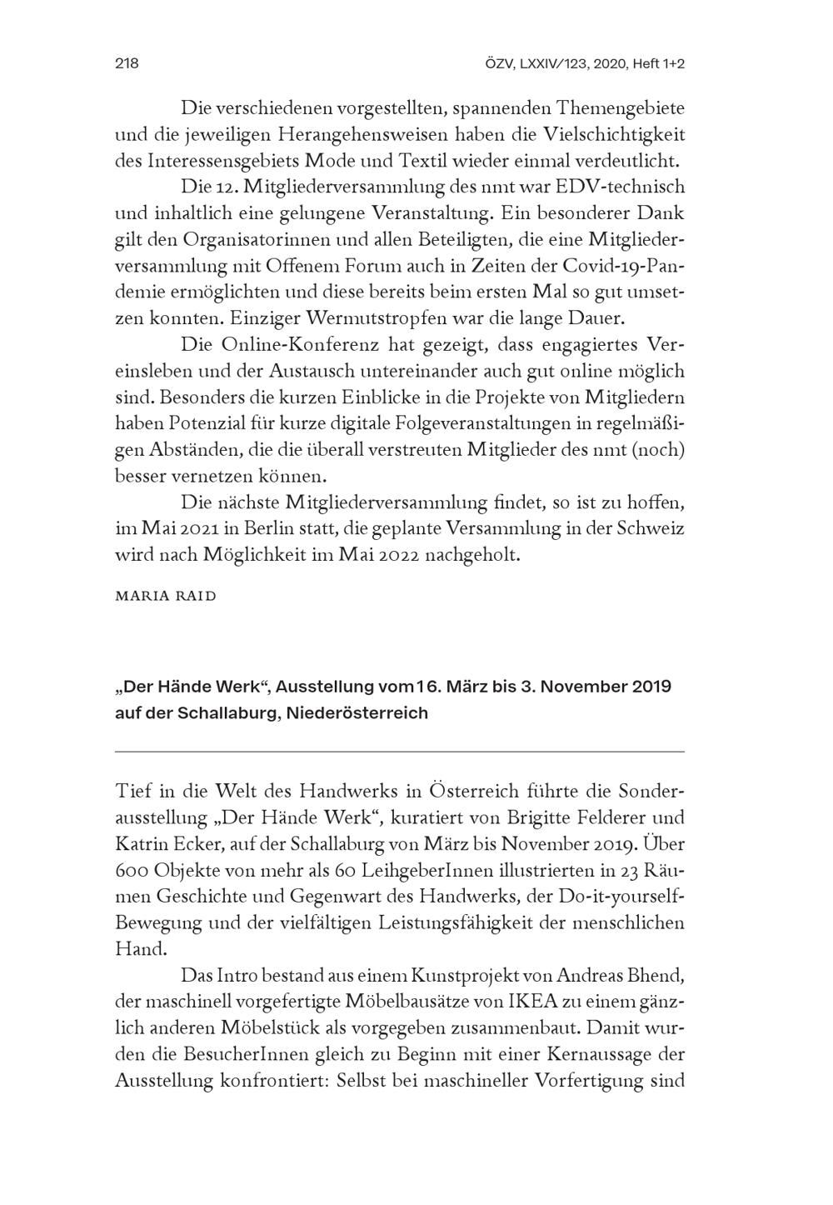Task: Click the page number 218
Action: tap(126, 64)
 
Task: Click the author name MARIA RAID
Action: tap(165, 596)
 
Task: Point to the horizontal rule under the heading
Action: tap(400, 752)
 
